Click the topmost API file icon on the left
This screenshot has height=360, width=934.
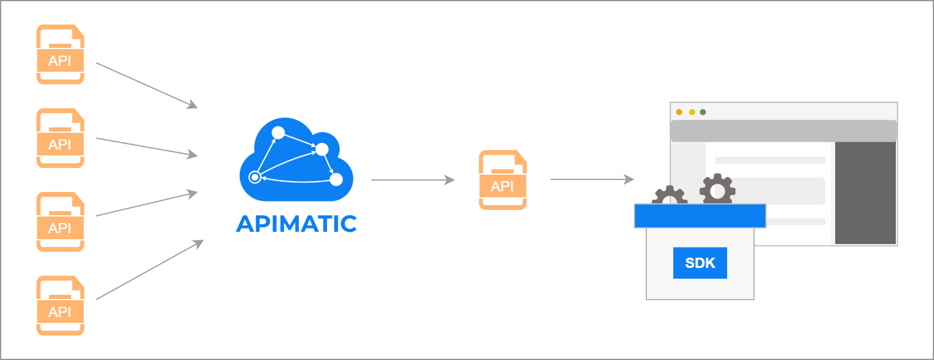tap(60, 54)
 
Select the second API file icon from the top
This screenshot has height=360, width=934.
tap(60, 138)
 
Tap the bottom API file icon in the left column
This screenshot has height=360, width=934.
tap(60, 306)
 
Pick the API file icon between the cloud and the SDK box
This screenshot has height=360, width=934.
tap(502, 180)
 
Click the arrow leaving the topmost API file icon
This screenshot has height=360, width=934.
tap(146, 85)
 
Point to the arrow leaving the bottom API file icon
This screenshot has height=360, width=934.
tap(149, 270)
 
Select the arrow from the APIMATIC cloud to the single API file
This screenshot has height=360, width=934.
tap(413, 179)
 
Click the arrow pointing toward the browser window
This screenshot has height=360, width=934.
tap(592, 179)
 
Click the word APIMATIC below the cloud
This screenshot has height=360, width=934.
tap(297, 224)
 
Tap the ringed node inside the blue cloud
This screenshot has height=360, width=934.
tap(255, 177)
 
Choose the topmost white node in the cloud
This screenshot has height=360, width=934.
tap(278, 132)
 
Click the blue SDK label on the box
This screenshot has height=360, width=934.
tap(700, 263)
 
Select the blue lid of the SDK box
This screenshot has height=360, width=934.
tap(700, 216)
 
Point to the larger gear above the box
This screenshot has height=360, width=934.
tap(718, 190)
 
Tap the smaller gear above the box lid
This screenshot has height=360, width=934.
tap(669, 196)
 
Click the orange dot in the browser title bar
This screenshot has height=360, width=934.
tap(679, 112)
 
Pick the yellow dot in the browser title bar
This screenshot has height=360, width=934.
tap(692, 112)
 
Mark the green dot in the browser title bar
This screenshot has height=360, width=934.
tap(703, 112)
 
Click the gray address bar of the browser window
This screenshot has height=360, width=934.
tap(783, 130)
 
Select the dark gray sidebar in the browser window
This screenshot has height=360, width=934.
tap(865, 193)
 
